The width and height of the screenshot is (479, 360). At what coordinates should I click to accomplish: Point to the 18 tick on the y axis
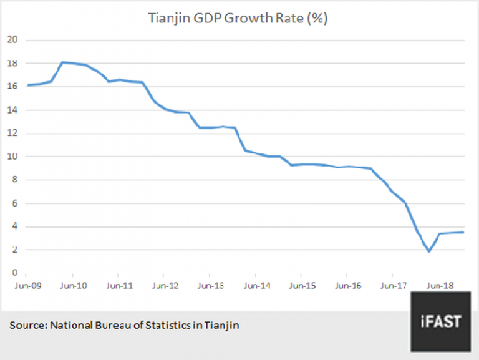click(x=12, y=64)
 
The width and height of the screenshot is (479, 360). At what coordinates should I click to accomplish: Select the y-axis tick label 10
click(x=12, y=157)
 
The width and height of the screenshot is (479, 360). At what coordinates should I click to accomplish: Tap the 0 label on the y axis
click(x=14, y=273)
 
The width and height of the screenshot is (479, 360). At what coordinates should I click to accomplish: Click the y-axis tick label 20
click(x=12, y=40)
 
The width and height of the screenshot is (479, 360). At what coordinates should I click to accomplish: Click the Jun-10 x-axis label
click(x=72, y=286)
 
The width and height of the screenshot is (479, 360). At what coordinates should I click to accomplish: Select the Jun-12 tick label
click(x=163, y=286)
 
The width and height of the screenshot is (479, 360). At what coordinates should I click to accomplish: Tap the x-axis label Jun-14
click(x=255, y=286)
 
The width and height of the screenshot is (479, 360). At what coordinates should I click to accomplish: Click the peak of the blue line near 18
click(x=63, y=62)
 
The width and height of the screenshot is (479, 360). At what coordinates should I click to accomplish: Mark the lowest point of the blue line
click(x=429, y=251)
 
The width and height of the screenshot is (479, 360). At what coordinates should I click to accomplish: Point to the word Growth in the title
click(x=256, y=19)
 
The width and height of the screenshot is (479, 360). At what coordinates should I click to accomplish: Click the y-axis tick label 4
click(x=14, y=227)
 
